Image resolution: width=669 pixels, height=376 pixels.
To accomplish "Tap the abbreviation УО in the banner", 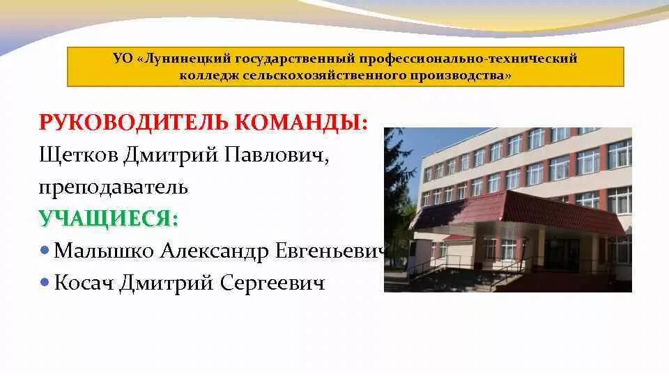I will point(122,58).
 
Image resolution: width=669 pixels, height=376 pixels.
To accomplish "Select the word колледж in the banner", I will point(209,75).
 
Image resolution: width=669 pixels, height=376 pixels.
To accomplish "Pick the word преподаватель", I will point(113,187).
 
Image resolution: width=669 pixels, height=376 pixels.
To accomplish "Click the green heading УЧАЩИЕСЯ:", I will point(109,219).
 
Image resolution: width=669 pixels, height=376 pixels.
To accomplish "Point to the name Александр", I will point(213,251).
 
